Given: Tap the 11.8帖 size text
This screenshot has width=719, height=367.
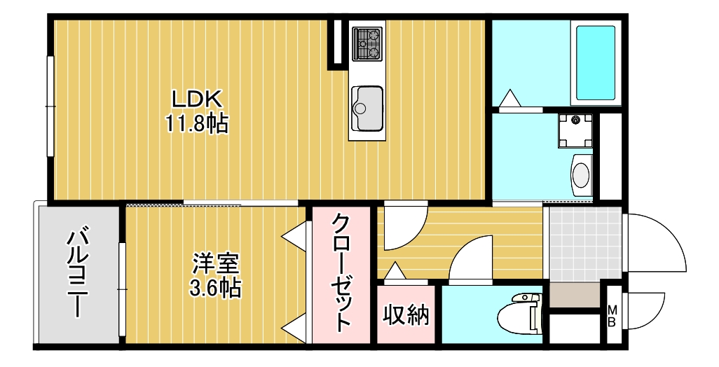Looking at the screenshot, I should click(x=197, y=124).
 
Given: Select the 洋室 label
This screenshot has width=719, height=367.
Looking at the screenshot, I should click(x=217, y=264).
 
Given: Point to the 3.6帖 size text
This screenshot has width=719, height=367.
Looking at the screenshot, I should click(x=217, y=287).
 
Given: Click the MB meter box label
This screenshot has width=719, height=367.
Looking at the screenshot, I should click(x=611, y=316).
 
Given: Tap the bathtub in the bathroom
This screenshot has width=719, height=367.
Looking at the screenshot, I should click(x=596, y=63).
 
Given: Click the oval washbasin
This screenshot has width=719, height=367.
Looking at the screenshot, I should click(x=581, y=173).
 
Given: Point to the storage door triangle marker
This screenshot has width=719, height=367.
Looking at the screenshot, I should click(x=395, y=270).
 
